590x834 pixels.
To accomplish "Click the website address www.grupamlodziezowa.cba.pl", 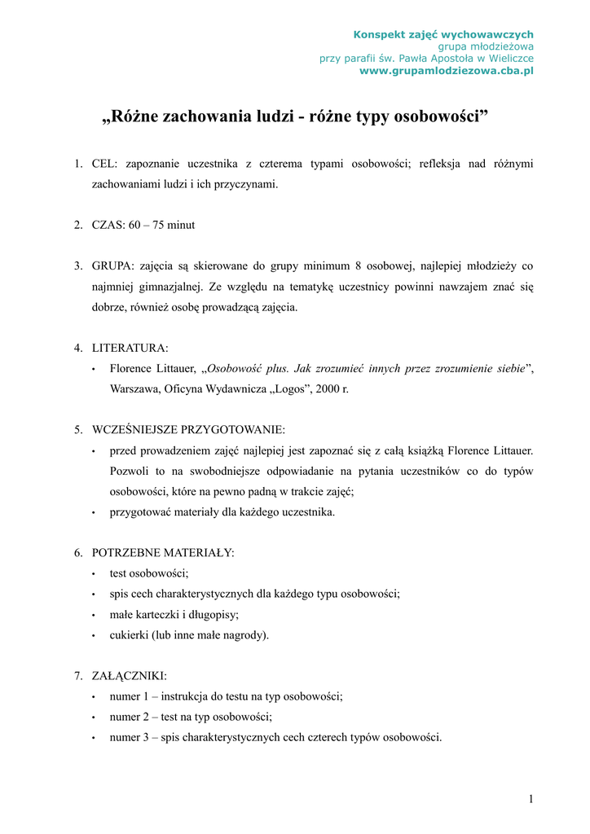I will (447, 71).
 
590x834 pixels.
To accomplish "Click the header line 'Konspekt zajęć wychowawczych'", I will (443, 34).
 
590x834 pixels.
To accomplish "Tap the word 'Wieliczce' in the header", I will (509, 59).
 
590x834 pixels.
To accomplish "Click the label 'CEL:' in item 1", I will (106, 165).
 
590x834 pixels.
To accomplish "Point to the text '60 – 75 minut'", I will (161, 225).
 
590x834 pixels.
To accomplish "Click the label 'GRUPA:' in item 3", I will (113, 266).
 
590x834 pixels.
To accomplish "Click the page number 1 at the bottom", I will (531, 799).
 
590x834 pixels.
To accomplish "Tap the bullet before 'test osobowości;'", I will (95, 574).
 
